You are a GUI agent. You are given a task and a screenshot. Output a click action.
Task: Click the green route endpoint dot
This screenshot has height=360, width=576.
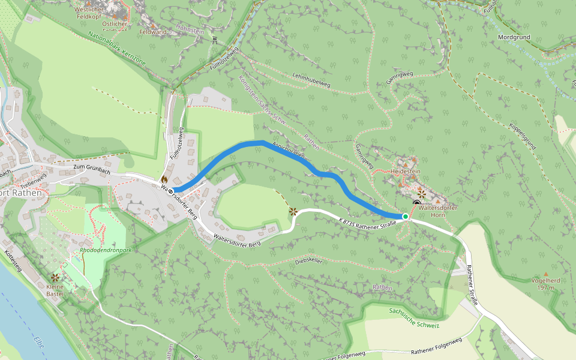[406, 217]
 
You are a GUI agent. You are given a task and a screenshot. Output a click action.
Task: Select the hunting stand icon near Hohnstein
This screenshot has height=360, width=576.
[214, 40]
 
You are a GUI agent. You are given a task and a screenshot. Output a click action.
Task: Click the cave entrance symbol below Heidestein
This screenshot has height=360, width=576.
[416, 203]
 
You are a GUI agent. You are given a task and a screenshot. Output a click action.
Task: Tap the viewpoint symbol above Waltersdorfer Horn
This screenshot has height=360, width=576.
[422, 193]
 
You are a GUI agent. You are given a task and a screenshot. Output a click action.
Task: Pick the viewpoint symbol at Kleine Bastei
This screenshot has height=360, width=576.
[55, 277]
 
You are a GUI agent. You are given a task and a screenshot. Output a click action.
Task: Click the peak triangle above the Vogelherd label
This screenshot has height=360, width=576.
[545, 274]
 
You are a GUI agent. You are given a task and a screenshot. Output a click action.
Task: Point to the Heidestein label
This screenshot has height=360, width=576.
[406, 172]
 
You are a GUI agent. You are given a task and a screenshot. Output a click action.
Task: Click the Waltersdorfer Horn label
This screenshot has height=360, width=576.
[438, 211]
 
